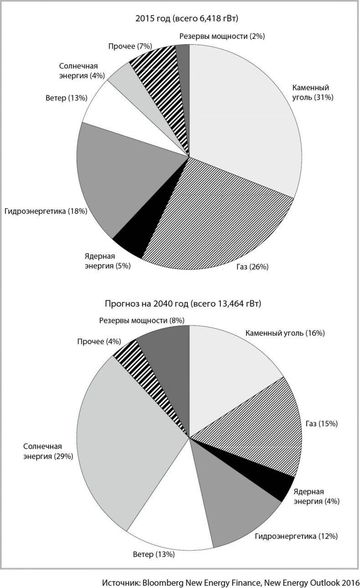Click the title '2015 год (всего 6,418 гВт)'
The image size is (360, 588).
[x=187, y=18]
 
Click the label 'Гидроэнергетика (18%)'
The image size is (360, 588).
[x=46, y=211]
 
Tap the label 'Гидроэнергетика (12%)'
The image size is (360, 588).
[x=296, y=537]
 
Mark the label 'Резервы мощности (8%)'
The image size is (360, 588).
[x=142, y=320]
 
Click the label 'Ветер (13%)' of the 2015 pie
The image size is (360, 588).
[x=67, y=98]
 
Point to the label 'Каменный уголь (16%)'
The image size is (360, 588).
[x=285, y=333]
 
